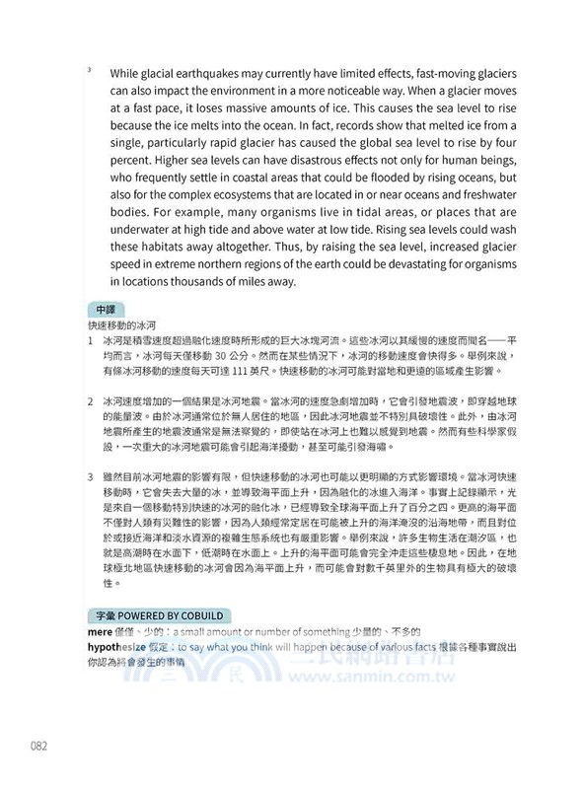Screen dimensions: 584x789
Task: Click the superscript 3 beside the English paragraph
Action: coord(89,69)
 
